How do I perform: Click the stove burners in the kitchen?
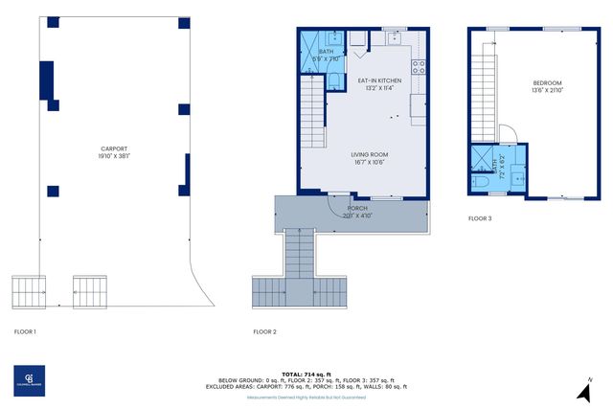click(x=419, y=67)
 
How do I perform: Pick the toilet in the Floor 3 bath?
click(x=483, y=180)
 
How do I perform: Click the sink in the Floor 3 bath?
click(x=515, y=175)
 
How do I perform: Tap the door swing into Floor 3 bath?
click(x=509, y=136)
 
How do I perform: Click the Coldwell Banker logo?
click(x=30, y=380)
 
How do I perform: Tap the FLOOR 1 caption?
click(x=25, y=331)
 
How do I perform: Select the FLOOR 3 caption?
click(x=480, y=218)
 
